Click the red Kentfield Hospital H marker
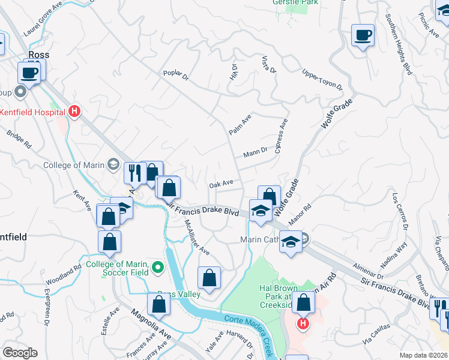[74, 111]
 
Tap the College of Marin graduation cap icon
[112, 164]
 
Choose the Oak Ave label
[221, 184]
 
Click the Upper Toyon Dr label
[322, 79]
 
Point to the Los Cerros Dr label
[400, 211]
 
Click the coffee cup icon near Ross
[29, 73]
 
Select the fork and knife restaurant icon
[134, 173]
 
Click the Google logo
[20, 352]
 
